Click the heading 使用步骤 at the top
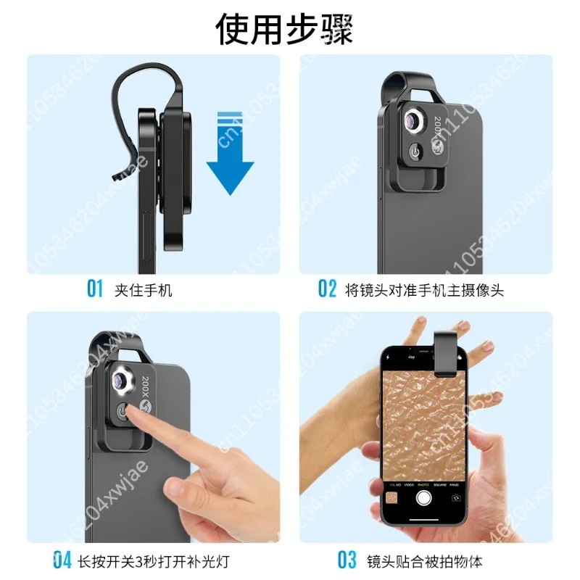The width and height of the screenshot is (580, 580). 290,29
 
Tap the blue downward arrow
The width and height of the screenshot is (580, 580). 230,159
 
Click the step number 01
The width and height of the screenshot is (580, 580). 96,289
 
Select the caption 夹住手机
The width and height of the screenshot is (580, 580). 144,290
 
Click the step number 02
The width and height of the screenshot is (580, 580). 328,289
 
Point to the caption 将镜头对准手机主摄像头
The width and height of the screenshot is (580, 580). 425,290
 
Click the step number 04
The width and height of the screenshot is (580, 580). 63,560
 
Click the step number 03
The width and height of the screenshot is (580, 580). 347,560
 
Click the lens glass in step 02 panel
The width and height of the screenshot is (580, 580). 415,120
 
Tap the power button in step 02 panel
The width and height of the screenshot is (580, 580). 415,154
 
